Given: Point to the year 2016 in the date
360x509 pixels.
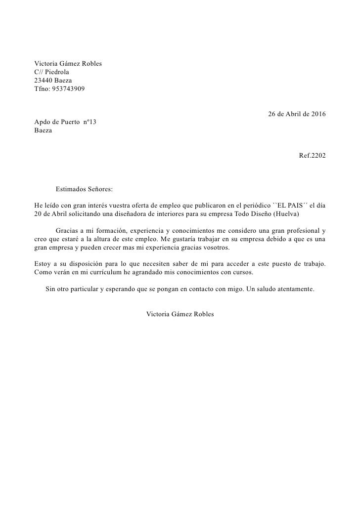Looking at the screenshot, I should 317,114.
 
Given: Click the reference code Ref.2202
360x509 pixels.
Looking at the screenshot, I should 313,156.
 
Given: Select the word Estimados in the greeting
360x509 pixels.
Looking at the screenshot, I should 71,189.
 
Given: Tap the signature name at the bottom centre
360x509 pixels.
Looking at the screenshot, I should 180,314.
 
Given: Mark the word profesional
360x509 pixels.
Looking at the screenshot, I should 300,231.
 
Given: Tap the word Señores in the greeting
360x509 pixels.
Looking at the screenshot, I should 101,189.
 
